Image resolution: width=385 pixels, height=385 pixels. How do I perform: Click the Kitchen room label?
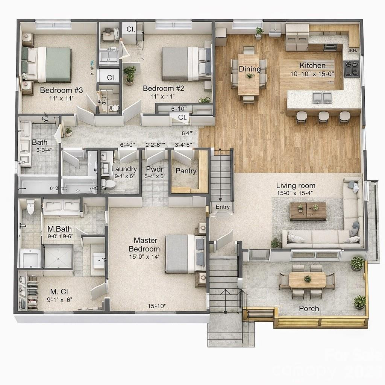click(312, 65)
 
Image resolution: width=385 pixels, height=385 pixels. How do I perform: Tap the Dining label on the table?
click(250, 69)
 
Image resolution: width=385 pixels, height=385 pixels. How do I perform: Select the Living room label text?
click(296, 185)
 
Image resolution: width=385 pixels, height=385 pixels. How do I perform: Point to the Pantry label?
click(186, 171)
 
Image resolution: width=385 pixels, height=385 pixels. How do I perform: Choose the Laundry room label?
click(124, 169)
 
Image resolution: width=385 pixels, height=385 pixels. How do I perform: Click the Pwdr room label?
click(155, 169)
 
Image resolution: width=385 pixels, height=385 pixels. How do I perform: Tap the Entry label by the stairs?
click(222, 207)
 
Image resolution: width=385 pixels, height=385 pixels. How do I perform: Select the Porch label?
click(309, 308)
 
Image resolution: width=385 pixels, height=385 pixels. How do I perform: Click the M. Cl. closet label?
click(61, 291)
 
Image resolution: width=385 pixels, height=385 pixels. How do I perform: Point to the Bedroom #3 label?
click(61, 90)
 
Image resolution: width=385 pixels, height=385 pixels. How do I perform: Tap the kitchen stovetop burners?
click(351, 69)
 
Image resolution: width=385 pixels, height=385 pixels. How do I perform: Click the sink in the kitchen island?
click(322, 98)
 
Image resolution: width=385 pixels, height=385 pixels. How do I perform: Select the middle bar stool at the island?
click(323, 117)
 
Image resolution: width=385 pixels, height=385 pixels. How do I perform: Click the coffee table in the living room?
click(308, 211)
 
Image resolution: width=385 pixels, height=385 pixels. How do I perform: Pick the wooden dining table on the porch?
click(307, 280)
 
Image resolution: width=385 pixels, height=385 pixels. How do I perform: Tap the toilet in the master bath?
click(30, 206)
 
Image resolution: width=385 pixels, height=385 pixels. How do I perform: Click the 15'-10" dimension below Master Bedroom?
click(156, 306)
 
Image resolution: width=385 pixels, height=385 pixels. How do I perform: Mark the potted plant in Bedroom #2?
click(130, 73)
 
